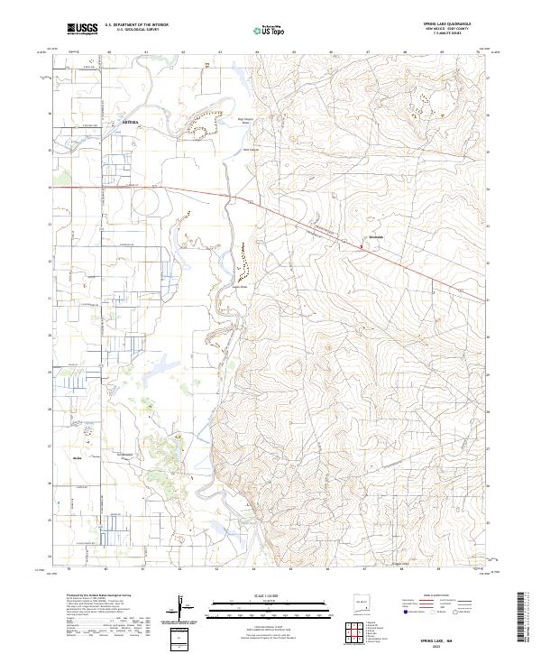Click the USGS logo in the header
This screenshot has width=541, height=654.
pos(82,30)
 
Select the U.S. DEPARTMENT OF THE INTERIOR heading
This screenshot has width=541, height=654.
pos(136,25)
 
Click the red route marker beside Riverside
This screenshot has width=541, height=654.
pos(362,241)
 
